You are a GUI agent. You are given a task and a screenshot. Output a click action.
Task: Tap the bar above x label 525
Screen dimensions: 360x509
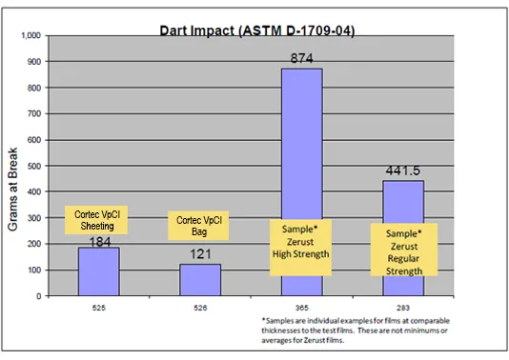99,276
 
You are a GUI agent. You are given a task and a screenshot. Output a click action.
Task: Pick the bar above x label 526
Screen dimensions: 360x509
199,281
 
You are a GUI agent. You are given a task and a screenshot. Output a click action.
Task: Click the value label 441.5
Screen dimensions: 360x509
402,172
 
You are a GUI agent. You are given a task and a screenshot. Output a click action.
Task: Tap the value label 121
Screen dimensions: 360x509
200,256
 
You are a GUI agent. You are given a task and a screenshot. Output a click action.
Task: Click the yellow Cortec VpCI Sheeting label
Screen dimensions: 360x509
98,220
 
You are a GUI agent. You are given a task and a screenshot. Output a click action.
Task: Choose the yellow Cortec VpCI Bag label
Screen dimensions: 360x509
199,227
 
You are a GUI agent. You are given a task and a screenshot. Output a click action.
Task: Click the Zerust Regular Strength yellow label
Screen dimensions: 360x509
402,250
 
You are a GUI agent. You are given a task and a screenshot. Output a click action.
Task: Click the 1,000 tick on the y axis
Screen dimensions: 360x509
31,35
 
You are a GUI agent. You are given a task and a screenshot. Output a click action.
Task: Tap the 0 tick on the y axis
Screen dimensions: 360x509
39,296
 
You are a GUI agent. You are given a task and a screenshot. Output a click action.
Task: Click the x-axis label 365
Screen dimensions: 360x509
301,308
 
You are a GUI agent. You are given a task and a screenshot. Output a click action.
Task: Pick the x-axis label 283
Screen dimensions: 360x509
402,308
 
